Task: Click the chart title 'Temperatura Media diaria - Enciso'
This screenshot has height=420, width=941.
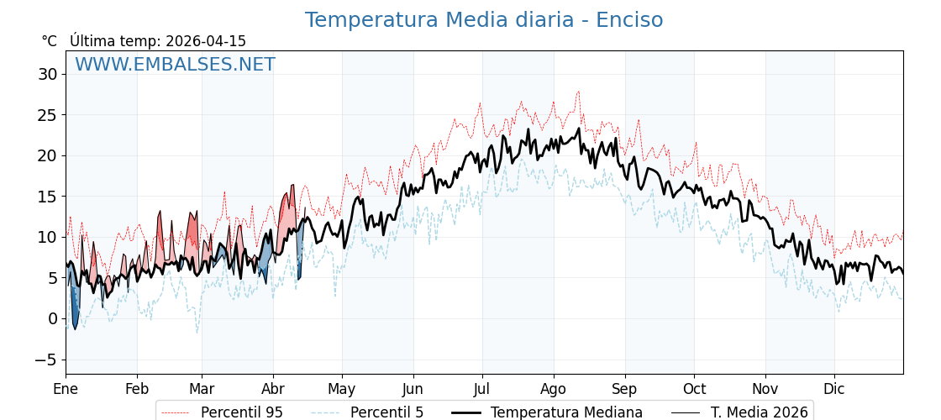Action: click(483, 20)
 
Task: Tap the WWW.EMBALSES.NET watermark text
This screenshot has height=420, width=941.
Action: click(175, 65)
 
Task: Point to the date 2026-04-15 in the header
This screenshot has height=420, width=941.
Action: click(206, 41)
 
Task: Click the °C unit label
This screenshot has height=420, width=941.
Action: click(49, 41)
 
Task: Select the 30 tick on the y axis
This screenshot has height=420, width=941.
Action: click(48, 74)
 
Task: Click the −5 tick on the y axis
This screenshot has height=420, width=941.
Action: click(45, 360)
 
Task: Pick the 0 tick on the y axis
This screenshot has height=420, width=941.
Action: click(53, 318)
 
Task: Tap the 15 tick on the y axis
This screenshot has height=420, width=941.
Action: click(48, 197)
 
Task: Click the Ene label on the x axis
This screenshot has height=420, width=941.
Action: click(66, 389)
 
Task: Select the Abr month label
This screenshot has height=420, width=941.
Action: click(272, 389)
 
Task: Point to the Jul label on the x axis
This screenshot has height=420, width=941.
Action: click(482, 389)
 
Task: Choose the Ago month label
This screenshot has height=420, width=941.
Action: click(553, 389)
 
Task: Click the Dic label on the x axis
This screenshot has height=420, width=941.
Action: click(834, 389)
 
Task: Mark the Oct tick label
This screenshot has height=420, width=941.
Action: click(694, 389)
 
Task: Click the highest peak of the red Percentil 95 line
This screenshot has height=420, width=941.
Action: click(578, 92)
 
